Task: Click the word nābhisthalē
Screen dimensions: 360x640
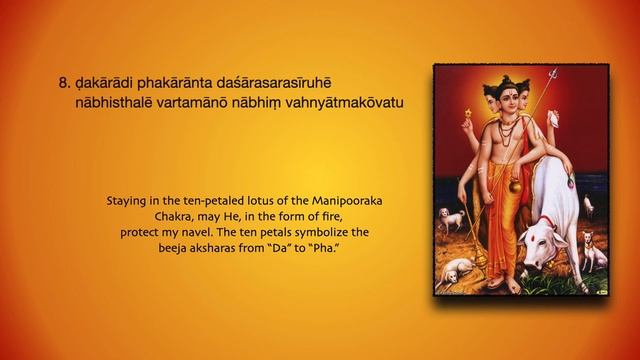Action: pyautogui.click(x=122, y=103)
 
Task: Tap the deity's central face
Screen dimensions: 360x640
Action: pyautogui.click(x=514, y=101)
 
